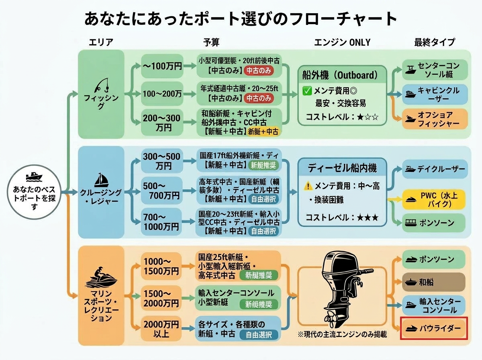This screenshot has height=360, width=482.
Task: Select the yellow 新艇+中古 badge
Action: [x=264, y=131]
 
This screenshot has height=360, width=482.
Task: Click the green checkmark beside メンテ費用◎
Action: [x=307, y=91]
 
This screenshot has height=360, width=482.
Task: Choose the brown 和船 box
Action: [x=434, y=282]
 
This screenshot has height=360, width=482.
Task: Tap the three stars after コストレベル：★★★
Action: [x=369, y=217]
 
